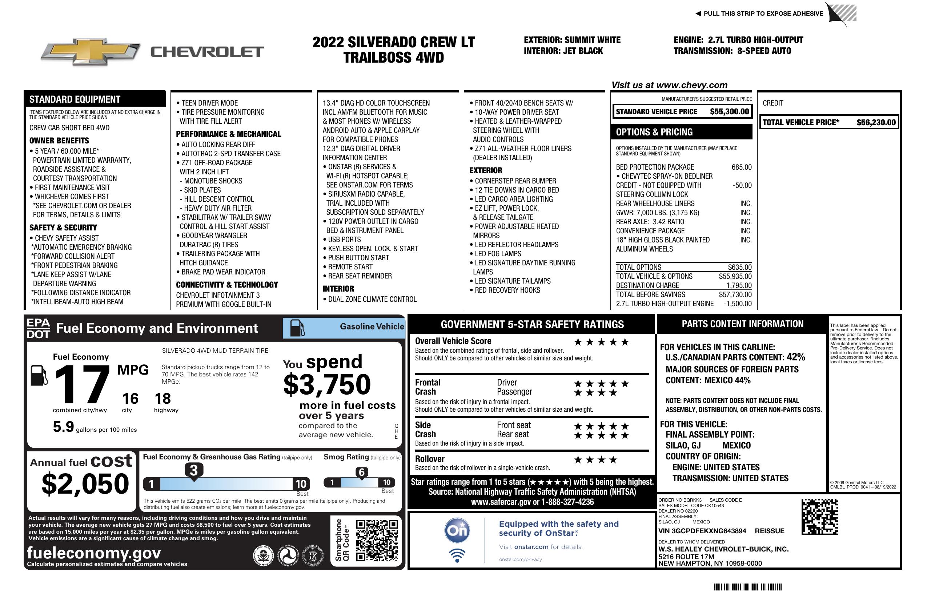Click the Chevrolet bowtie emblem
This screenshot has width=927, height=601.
point(90,51)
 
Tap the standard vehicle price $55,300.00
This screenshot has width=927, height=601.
point(729,111)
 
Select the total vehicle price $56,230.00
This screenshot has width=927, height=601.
point(876,122)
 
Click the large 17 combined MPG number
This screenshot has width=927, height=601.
point(82,384)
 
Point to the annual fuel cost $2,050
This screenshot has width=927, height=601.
point(85,484)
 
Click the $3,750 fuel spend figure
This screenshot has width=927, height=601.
point(327,384)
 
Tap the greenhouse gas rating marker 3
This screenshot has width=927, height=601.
point(193,470)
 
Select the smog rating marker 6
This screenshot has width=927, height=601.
point(361,472)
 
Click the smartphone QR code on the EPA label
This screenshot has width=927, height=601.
point(377,540)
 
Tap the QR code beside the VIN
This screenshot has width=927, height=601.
point(819,517)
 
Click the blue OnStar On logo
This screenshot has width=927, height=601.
point(457,530)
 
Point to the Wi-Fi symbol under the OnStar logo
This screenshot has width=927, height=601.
point(457,555)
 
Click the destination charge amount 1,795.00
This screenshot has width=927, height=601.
point(739,285)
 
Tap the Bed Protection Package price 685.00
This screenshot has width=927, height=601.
point(741,167)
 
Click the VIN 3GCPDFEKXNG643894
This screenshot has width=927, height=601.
point(702,531)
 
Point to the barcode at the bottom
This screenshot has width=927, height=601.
point(746,587)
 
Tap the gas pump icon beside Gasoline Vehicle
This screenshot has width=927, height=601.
point(297,328)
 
